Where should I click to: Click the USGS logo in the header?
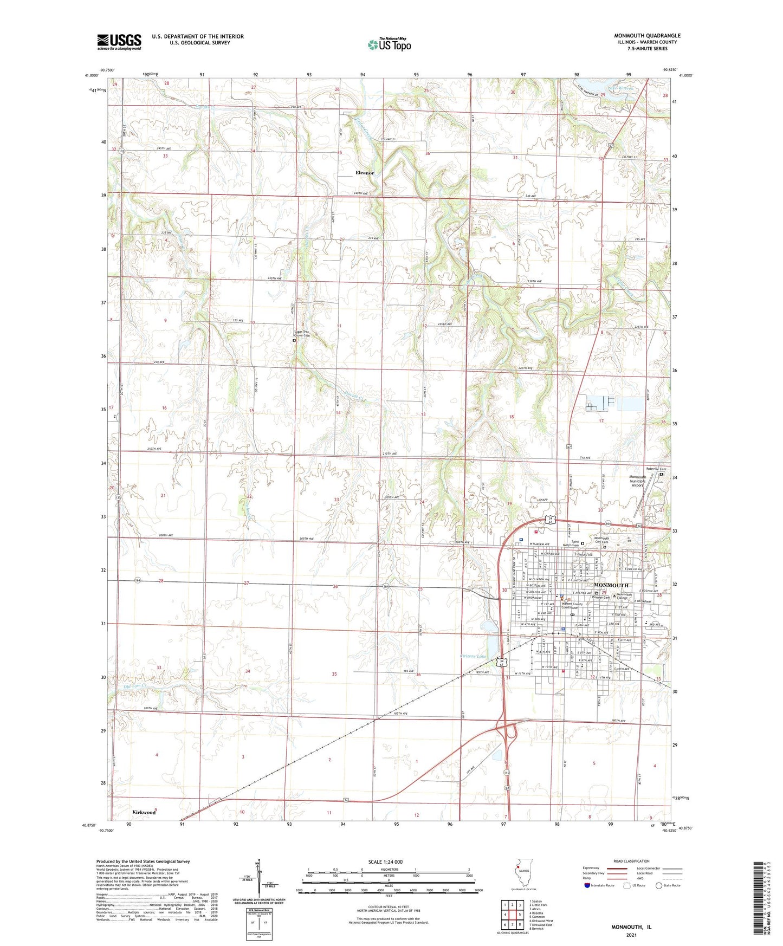click(x=119, y=42)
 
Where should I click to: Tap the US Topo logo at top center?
click(x=389, y=44)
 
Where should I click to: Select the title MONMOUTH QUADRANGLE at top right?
click(x=647, y=36)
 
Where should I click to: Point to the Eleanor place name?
click(x=365, y=173)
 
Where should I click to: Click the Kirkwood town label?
click(x=144, y=812)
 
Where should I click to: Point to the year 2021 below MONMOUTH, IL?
click(x=631, y=935)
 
